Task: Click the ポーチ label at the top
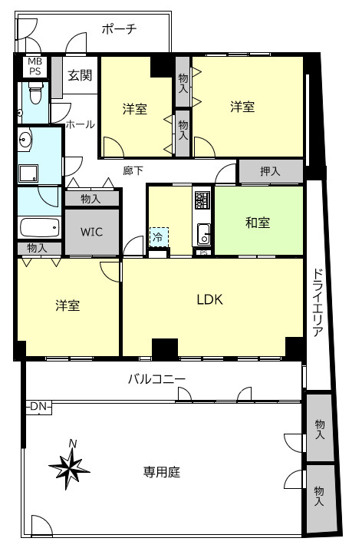(x=119, y=30)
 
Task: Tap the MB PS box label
(x=35, y=66)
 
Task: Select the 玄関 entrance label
(x=79, y=75)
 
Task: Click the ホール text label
(x=80, y=124)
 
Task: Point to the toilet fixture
(x=35, y=97)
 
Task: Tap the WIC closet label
(x=92, y=232)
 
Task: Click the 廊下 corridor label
(x=133, y=170)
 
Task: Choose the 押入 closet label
(x=270, y=172)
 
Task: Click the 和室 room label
(x=258, y=223)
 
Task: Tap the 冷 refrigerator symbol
(x=157, y=238)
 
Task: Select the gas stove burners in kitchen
(x=202, y=201)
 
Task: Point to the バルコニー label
(x=156, y=378)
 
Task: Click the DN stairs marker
(x=38, y=406)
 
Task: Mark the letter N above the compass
(x=73, y=443)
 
